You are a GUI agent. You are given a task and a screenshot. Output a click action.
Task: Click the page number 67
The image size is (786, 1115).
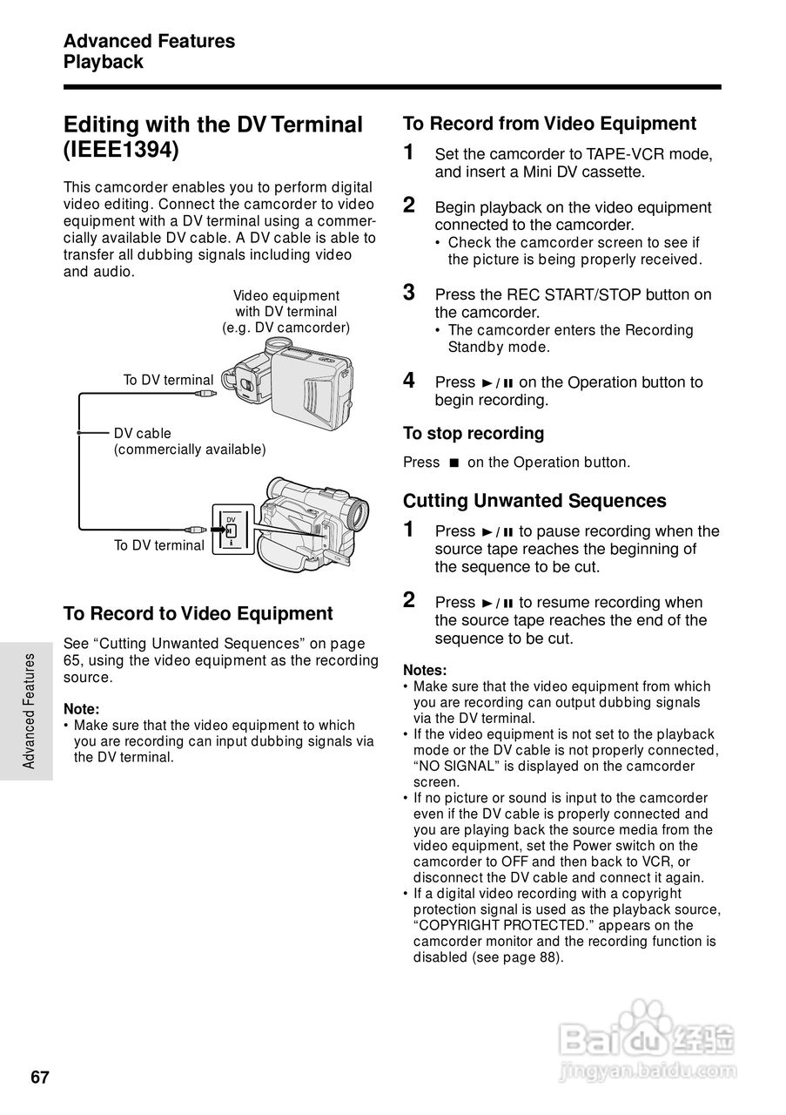coord(40,1078)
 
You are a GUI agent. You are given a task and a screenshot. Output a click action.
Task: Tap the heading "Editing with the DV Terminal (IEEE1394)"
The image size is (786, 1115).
coord(212,137)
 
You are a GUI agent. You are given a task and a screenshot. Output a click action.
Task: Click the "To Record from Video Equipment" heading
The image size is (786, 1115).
coord(549,124)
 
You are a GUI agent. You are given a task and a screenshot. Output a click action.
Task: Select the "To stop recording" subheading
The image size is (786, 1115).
coord(474,433)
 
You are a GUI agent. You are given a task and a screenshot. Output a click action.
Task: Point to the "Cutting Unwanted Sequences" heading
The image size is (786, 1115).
coord(534,501)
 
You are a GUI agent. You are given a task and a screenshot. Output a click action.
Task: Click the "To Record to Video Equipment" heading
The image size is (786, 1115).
coord(198,613)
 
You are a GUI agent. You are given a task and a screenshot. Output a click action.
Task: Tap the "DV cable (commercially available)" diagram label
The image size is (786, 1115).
coord(189,442)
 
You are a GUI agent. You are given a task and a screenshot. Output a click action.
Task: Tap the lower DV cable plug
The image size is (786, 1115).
coord(195,529)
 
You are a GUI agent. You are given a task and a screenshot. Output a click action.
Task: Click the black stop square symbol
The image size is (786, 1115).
coord(453,463)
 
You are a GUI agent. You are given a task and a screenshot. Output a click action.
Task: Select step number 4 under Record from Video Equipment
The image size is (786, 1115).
coord(409,381)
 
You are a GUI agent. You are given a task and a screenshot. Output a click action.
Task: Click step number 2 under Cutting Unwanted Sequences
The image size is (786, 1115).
coord(409,600)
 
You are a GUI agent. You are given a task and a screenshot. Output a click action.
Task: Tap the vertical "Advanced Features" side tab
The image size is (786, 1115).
coord(29,711)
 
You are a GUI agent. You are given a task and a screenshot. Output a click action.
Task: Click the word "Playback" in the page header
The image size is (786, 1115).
coord(103,63)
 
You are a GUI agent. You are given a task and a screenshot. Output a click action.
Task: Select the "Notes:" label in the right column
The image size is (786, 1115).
coord(425,670)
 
